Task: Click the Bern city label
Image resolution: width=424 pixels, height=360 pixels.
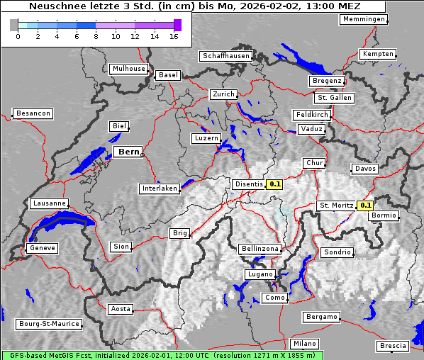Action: (x=128, y=152)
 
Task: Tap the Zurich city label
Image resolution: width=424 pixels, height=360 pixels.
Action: (x=223, y=94)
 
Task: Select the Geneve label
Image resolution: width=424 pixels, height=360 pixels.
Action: (x=42, y=248)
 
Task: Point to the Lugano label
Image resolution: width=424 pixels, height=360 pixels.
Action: (x=260, y=274)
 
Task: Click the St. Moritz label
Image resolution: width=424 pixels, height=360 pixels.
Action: (x=335, y=206)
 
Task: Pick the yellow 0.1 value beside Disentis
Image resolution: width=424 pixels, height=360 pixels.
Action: (x=274, y=184)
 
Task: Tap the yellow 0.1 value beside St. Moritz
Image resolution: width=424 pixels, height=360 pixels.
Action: (x=365, y=206)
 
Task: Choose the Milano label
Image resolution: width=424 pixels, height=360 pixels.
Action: (x=305, y=343)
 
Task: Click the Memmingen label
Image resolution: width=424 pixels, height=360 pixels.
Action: (x=364, y=19)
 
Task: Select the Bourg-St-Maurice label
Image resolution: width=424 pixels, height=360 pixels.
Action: (x=49, y=323)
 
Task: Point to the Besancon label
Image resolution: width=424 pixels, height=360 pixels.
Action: (x=33, y=113)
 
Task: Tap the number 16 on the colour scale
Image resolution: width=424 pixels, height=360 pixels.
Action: (x=174, y=36)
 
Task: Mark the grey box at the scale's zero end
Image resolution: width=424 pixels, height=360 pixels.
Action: (x=14, y=25)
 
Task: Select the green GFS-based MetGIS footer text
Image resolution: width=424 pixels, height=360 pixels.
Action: (x=162, y=355)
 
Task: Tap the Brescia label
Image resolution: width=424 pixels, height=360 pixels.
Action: (x=393, y=346)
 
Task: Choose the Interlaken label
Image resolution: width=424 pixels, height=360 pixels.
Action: (x=160, y=189)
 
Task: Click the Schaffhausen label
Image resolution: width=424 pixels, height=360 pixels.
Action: (x=225, y=55)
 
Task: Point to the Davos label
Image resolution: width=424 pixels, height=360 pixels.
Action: (x=364, y=169)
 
